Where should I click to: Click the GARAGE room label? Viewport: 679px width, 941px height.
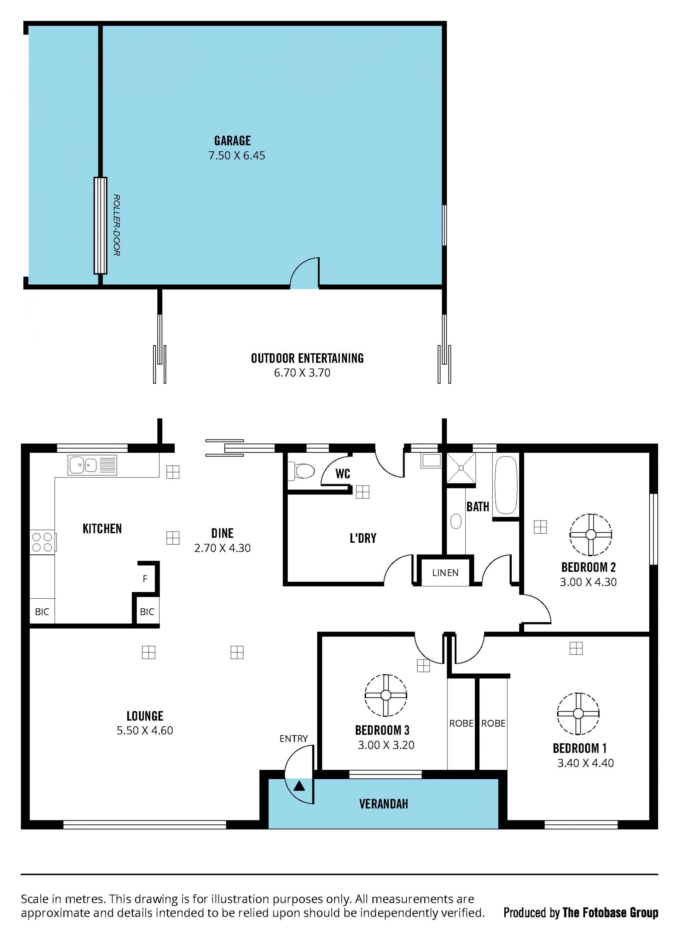pos(232,141)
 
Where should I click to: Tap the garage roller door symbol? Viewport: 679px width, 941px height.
pos(100,226)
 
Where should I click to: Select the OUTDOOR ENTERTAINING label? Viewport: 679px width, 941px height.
pos(307,358)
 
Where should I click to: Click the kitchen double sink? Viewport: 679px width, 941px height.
pos(92,465)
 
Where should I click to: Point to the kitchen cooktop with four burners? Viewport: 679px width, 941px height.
pos(42,542)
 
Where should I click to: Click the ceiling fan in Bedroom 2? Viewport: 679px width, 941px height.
pos(590,535)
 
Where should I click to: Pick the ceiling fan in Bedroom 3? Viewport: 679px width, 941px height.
pos(385,695)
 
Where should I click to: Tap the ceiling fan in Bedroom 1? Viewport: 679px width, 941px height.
pos(578,714)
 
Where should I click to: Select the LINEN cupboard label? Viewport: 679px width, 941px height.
pos(445,573)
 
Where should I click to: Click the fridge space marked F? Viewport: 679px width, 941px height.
pos(145,579)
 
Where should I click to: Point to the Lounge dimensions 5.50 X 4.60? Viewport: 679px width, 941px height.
pos(145,730)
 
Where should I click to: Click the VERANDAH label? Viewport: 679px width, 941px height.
pos(383,804)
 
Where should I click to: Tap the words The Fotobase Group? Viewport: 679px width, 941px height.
pos(610,912)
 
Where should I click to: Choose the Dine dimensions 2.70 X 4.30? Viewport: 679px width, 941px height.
pos(222,548)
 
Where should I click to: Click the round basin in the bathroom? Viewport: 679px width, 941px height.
pos(456,522)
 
